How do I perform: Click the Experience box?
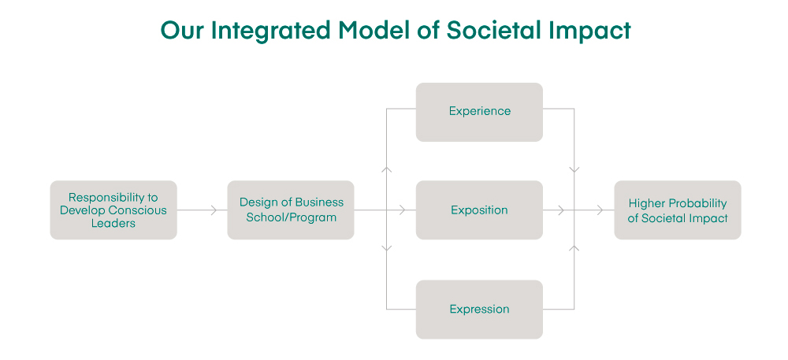[x=479, y=112]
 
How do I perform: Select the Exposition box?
[x=479, y=210]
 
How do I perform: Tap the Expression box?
[x=479, y=310]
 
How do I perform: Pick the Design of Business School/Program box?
[x=291, y=210]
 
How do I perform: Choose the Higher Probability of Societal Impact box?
[x=678, y=210]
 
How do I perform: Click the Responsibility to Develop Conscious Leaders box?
[x=113, y=210]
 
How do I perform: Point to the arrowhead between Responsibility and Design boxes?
[x=213, y=210]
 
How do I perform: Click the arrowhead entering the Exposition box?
[x=402, y=210]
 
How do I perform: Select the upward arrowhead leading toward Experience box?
[x=386, y=169]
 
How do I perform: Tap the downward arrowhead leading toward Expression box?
[x=386, y=248]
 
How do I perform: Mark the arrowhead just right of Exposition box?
[x=560, y=210]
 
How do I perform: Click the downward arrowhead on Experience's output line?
[x=574, y=169]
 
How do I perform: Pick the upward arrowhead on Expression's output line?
[x=574, y=248]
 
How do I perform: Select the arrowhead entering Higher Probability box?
[x=600, y=210]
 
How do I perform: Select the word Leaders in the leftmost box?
[x=113, y=224]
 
